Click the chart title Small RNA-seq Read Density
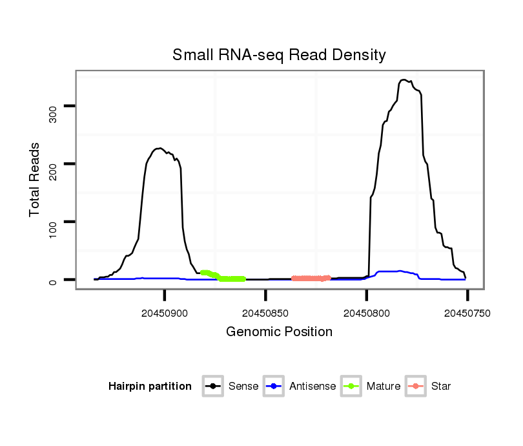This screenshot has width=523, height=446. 279,55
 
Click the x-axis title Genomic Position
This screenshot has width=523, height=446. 279,332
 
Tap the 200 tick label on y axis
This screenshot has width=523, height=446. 53,164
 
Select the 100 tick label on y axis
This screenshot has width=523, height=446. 53,222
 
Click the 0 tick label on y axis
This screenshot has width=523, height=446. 53,280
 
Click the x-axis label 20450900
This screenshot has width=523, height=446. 165,313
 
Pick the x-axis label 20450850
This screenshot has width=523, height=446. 265,313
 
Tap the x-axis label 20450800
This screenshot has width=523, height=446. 366,313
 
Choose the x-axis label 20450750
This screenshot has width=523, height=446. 467,313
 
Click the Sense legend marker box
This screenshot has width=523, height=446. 212,387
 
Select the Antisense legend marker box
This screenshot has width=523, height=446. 274,387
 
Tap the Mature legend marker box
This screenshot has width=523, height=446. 351,387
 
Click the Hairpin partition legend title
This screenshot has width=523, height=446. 150,387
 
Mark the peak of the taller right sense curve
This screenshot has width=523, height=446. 404,80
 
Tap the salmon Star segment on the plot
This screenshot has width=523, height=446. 311,279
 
